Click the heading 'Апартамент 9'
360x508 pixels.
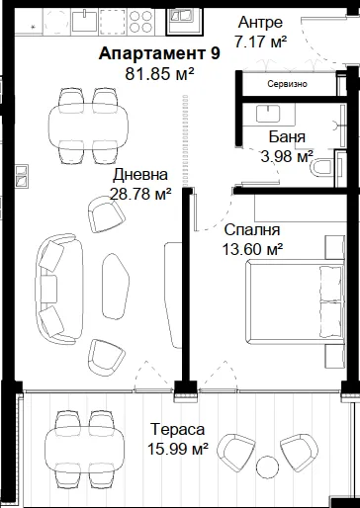tap(159, 53)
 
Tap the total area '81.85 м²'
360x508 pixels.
tap(159, 74)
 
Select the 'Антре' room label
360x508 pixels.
tap(260, 23)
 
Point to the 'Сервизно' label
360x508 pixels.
tap(287, 84)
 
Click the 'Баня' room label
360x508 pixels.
tap(287, 136)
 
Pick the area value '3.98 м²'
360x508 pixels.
tap(287, 156)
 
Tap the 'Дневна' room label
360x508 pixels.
tap(140, 175)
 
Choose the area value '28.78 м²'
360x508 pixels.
tap(140, 194)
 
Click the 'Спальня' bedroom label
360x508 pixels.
tap(252, 229)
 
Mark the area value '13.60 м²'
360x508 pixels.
tap(252, 249)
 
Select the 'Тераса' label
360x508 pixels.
tap(177, 429)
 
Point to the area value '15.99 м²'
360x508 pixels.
tap(177, 449)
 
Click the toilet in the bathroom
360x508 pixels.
tap(322, 166)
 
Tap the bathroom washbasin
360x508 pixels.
tap(268, 114)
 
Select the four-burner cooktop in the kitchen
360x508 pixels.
tap(141, 21)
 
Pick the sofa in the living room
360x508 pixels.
tap(59, 289)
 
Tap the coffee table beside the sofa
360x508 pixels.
tap(116, 286)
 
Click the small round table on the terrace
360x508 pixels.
tap(268, 468)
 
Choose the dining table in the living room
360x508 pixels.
tap(88, 127)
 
